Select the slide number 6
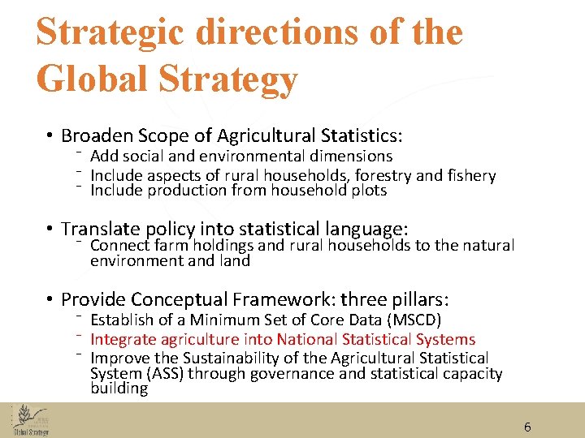click(527, 427)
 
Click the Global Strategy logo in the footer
click(31, 421)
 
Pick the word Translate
click(101, 230)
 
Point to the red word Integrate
click(124, 340)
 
